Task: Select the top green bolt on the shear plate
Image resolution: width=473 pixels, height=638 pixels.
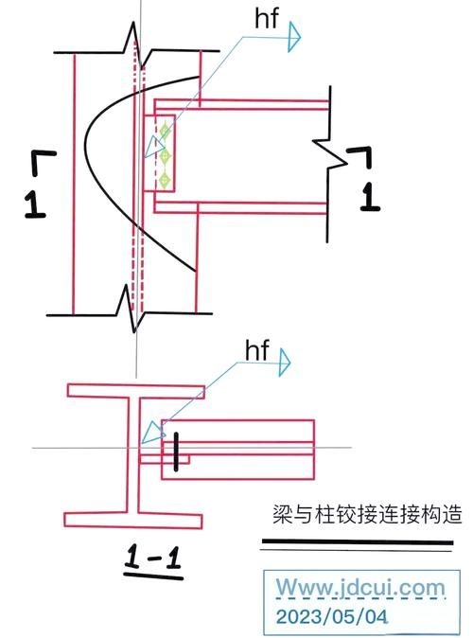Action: (164, 131)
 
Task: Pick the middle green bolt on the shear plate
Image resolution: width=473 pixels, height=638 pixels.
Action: (164, 153)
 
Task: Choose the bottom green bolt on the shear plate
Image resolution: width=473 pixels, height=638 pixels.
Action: (164, 177)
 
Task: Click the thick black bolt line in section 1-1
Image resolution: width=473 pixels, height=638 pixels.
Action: (176, 452)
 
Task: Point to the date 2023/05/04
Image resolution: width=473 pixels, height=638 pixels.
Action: (326, 616)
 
